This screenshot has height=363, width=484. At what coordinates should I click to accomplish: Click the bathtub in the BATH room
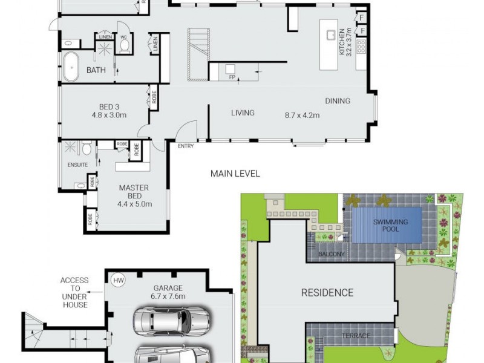71,67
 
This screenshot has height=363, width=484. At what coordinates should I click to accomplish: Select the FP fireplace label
231,77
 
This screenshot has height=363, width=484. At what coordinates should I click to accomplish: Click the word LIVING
243,113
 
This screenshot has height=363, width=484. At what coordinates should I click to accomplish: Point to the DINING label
338,101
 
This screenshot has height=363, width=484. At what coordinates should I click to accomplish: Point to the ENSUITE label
77,164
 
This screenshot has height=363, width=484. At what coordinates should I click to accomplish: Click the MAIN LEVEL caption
235,174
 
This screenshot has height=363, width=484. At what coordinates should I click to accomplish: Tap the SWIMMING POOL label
390,226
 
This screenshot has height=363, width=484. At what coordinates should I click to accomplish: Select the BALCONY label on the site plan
332,255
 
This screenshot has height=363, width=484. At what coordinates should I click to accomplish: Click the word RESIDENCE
327,293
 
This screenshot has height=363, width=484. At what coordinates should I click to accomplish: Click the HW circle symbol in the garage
117,280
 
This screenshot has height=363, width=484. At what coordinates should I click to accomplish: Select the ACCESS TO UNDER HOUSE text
74,293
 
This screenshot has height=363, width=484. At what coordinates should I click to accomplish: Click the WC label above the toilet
123,37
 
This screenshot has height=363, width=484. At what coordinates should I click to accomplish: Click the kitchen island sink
332,35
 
